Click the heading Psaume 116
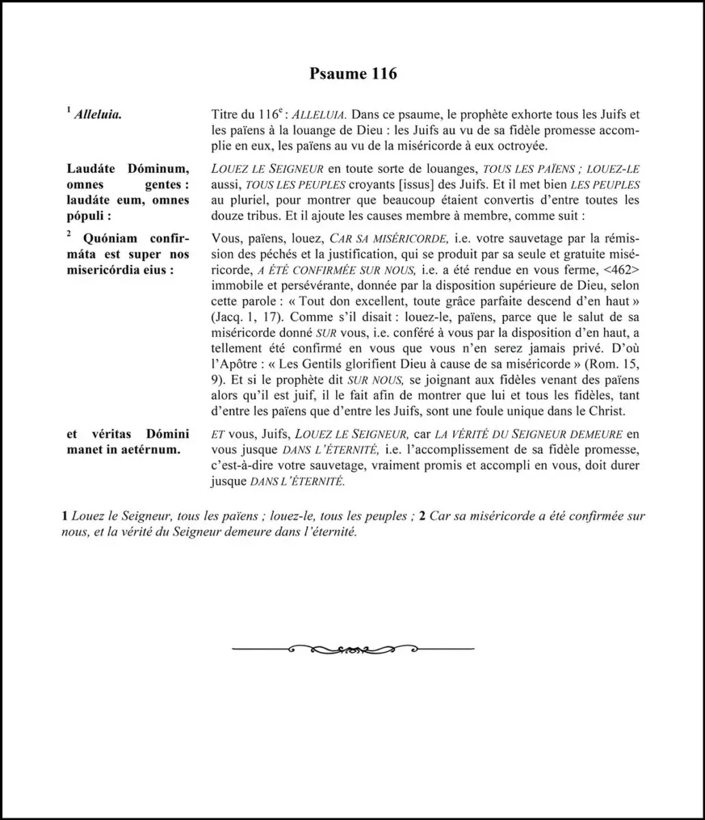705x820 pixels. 352,74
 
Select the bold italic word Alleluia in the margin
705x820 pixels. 102,115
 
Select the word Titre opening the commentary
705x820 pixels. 226,115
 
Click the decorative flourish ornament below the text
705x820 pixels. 352,648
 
